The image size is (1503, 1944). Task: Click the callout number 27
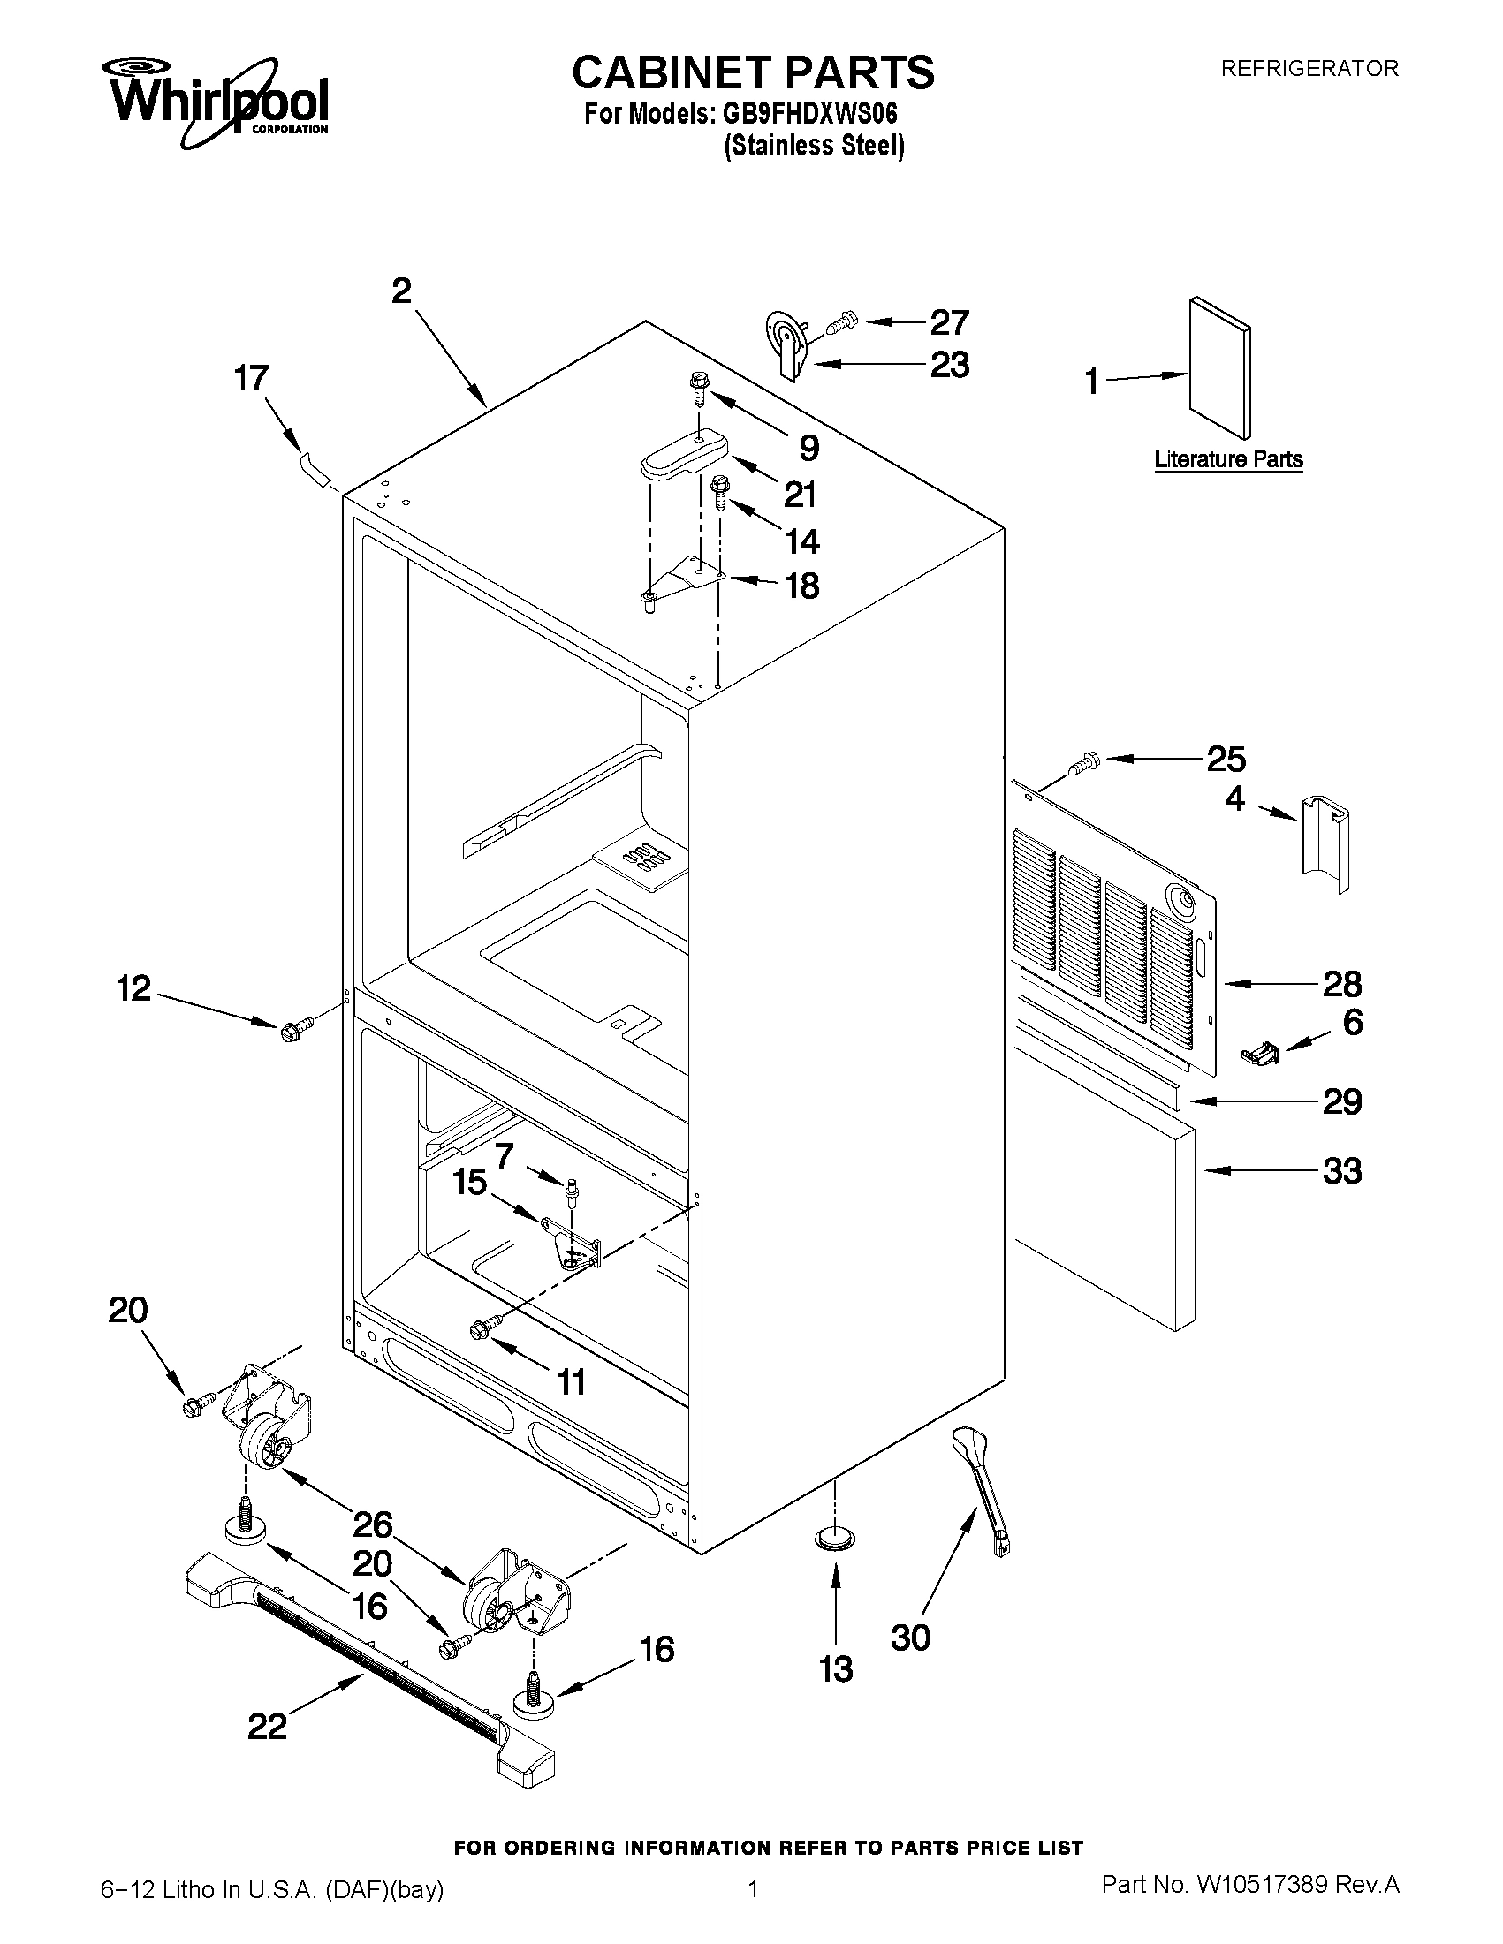pyautogui.click(x=949, y=322)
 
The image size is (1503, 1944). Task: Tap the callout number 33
pyautogui.click(x=1342, y=1170)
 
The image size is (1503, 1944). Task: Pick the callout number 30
pyautogui.click(x=910, y=1637)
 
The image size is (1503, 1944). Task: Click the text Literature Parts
pyautogui.click(x=1228, y=459)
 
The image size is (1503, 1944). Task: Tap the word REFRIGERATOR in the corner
pyautogui.click(x=1309, y=69)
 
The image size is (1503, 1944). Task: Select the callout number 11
pyautogui.click(x=571, y=1381)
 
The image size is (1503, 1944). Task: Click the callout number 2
pyautogui.click(x=402, y=291)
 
